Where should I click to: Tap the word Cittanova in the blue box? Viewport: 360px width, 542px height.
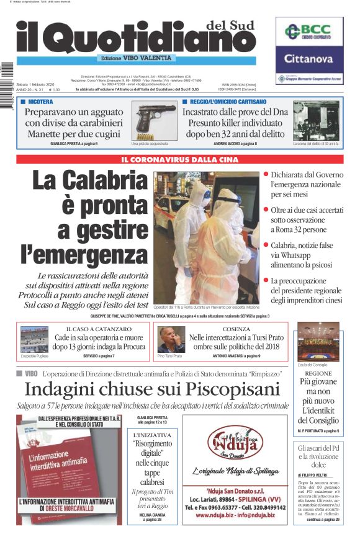(x=309, y=60)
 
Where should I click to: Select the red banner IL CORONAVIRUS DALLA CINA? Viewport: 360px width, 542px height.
(x=179, y=159)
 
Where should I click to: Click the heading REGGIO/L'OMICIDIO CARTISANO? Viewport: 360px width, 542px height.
(x=228, y=101)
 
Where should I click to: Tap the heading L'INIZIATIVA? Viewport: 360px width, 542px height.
(x=152, y=435)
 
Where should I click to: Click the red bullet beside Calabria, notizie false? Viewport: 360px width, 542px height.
(x=266, y=246)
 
